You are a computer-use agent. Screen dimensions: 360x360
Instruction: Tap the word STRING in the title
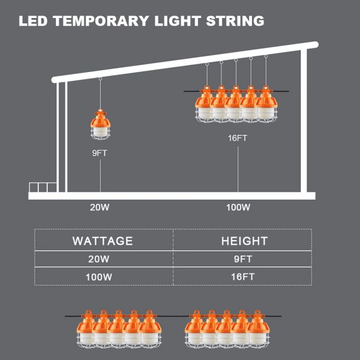pos(235,22)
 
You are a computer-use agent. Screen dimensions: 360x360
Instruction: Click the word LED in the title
pos(33,22)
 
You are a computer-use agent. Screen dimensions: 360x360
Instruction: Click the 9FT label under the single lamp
pos(100,153)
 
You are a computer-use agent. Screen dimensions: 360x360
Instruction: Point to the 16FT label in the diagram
pos(238,139)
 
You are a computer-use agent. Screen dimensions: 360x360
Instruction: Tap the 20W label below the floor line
pos(100,208)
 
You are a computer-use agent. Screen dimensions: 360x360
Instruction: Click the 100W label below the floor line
pos(238,208)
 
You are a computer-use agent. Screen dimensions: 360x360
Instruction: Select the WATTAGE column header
pos(103,241)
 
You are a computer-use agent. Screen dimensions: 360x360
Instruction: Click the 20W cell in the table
pos(103,259)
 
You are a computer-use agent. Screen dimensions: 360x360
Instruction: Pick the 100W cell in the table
pos(103,277)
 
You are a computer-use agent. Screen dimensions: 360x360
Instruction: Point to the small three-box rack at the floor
pos(43,187)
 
